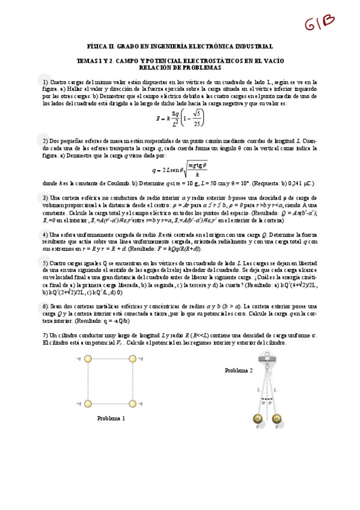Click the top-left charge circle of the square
[x=88, y=359]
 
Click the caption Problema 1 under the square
[x=111, y=419]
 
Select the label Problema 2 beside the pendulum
[x=239, y=370]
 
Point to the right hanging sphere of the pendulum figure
[x=277, y=418]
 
